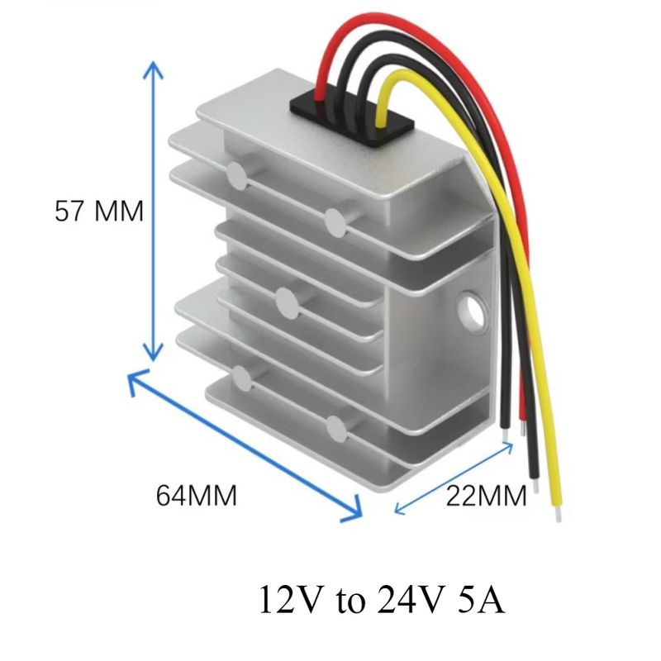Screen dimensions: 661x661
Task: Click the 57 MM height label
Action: [99, 211]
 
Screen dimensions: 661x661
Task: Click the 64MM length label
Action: [197, 495]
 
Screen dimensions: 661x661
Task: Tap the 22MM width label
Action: [486, 495]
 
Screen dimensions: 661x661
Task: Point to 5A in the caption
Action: [481, 599]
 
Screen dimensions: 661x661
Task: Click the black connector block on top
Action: [352, 116]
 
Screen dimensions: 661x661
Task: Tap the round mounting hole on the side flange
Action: [473, 311]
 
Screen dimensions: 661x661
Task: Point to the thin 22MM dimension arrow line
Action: [454, 478]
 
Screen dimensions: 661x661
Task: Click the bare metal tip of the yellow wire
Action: [559, 513]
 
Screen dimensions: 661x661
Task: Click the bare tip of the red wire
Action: [523, 427]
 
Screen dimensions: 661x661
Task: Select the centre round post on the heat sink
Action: [288, 302]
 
